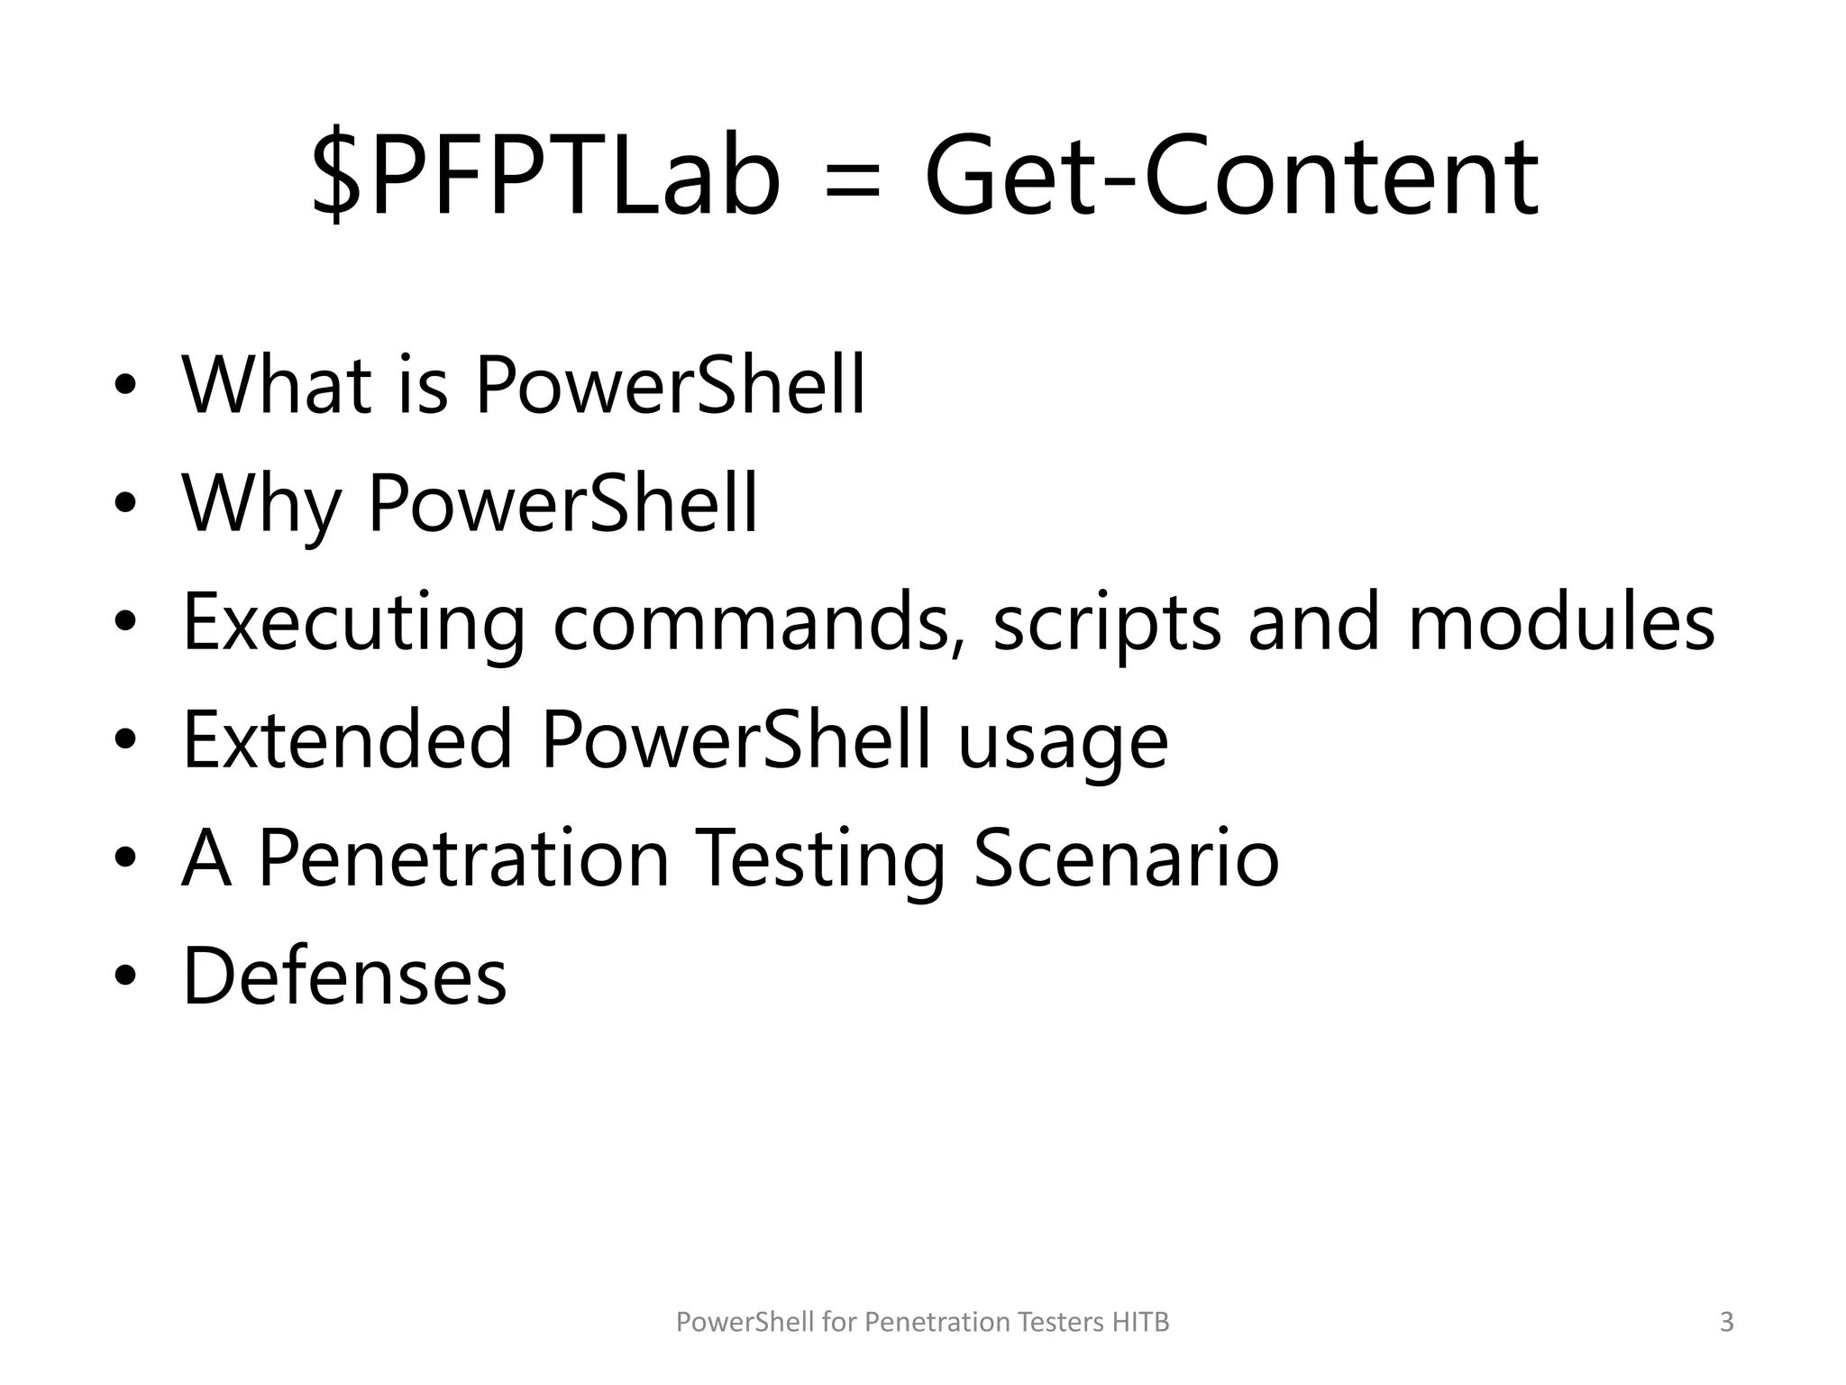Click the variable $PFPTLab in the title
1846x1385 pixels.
pyautogui.click(x=545, y=176)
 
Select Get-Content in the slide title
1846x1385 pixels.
pyautogui.click(x=1231, y=176)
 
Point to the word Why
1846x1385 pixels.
pyautogui.click(x=261, y=505)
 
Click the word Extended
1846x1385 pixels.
pyautogui.click(x=348, y=740)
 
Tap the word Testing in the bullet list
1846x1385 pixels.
pyautogui.click(x=821, y=860)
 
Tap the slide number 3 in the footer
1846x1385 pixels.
pyautogui.click(x=1726, y=1322)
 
